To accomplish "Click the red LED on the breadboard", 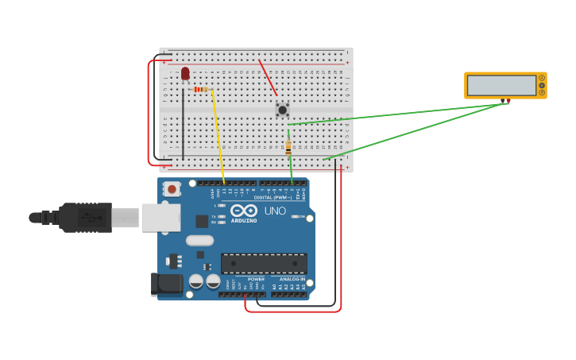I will click(185, 73).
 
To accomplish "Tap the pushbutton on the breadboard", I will click(282, 110).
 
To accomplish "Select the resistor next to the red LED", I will click(200, 90).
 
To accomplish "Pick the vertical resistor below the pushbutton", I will click(288, 148).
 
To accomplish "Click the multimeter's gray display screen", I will click(501, 85).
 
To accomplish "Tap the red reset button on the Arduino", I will click(172, 189).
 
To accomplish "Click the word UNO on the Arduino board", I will click(274, 211).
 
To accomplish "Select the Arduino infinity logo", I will click(244, 211).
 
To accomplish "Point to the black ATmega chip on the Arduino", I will click(264, 264).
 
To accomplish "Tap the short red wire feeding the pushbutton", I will click(268, 78).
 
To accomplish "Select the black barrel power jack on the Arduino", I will click(165, 284).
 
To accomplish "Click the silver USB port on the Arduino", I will click(161, 217).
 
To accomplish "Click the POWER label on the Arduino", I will click(256, 279).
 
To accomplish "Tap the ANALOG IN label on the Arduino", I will click(292, 279).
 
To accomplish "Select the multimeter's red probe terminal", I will click(508, 101).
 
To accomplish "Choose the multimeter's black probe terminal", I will click(502, 101).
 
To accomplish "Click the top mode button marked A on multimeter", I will click(542, 78).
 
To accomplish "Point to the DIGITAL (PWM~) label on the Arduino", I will click(272, 197).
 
